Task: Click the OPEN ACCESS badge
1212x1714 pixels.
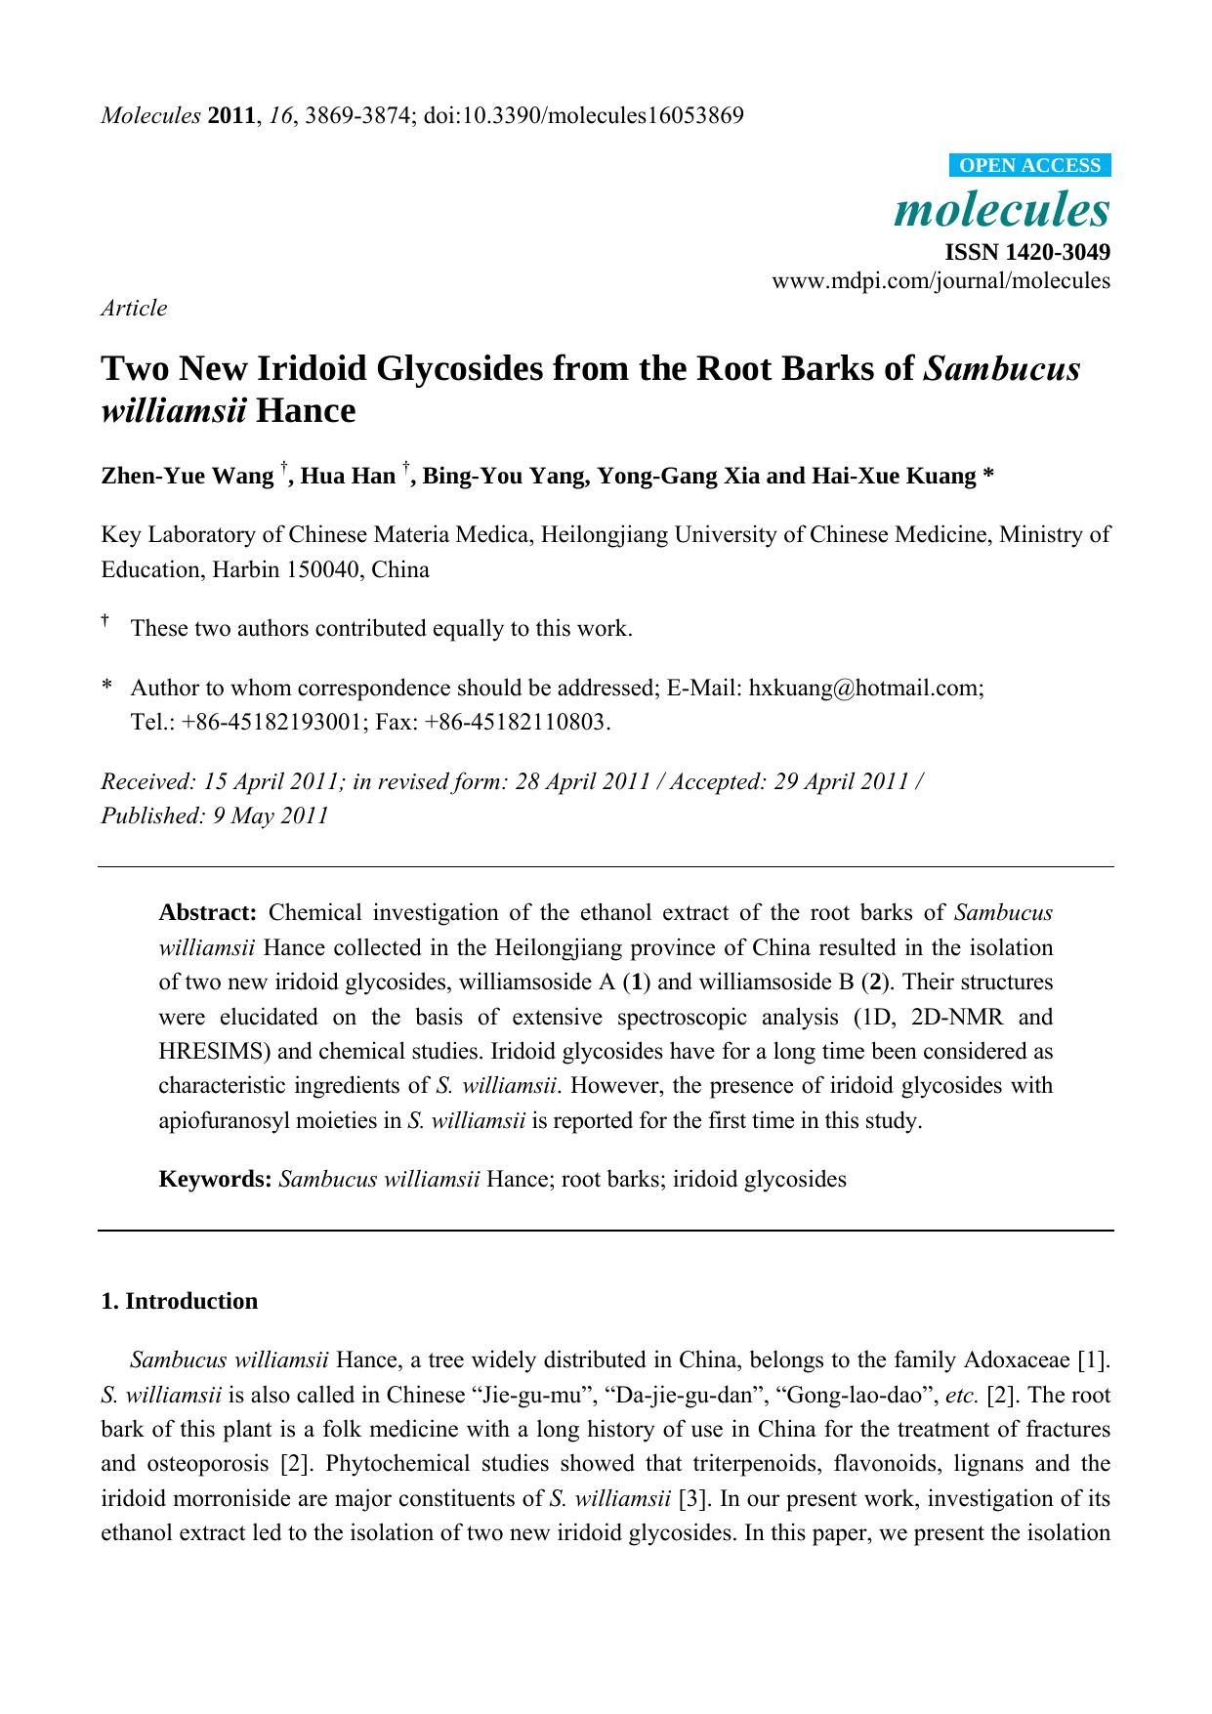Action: point(1029,165)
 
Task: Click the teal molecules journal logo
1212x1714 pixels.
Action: point(1002,209)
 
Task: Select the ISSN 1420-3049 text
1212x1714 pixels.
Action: point(1027,252)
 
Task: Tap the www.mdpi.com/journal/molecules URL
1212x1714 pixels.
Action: point(940,281)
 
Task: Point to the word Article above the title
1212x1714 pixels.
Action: point(134,308)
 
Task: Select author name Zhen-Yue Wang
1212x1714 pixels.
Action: point(188,477)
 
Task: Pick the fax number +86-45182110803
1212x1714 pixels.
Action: point(534,723)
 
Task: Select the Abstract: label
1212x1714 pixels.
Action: point(207,913)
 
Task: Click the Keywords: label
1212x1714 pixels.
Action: point(215,1179)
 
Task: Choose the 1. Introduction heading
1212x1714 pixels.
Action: point(180,1301)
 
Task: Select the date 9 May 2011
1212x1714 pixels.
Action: point(271,815)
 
